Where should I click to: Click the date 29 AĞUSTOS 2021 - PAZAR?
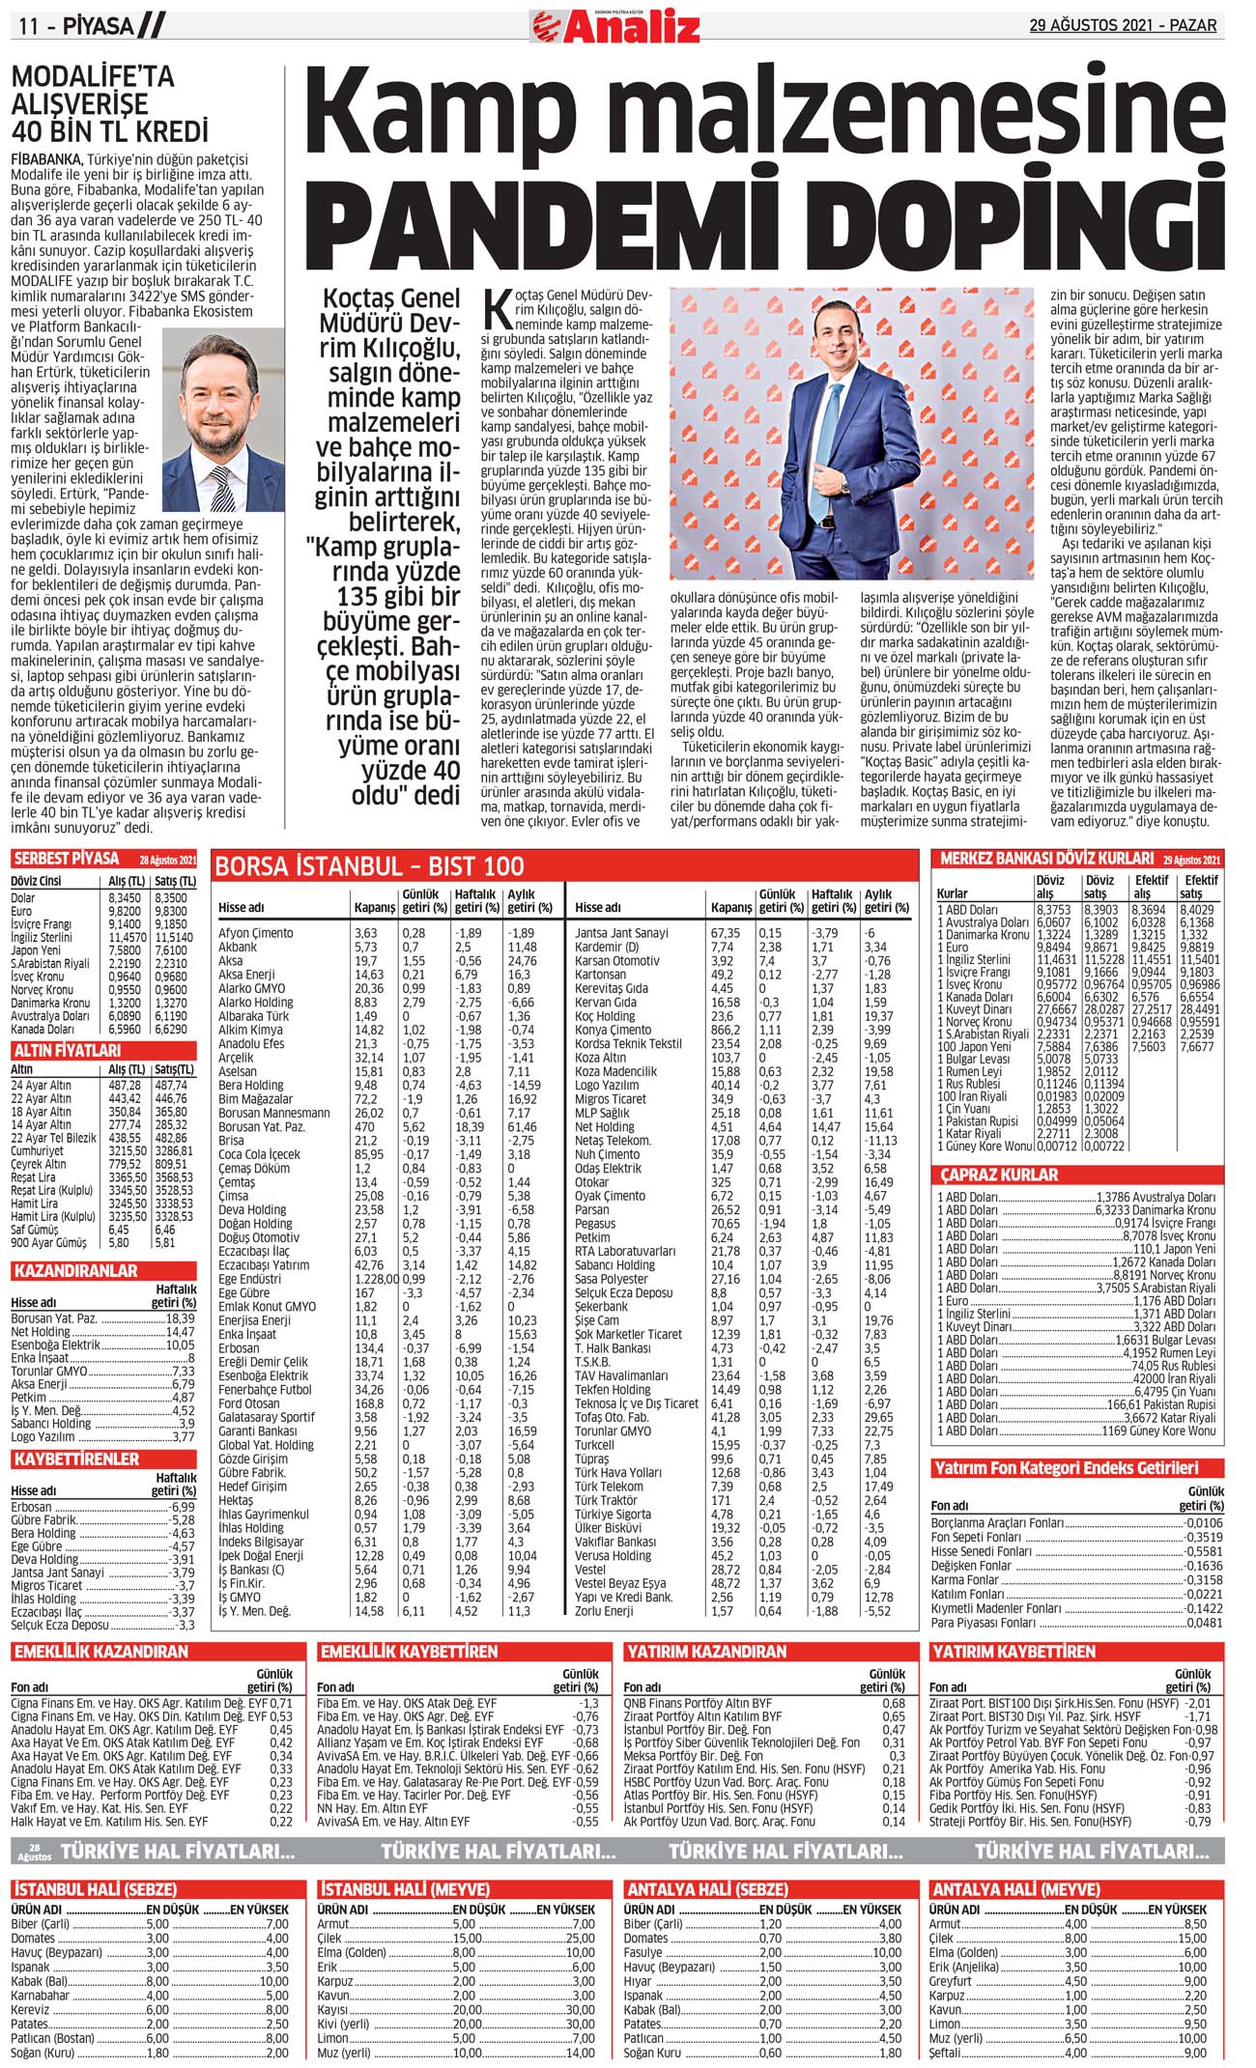pos(1123,25)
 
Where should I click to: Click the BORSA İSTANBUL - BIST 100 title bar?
pos(370,865)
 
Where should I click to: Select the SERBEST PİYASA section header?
pos(67,859)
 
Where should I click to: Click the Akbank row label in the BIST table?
pos(238,947)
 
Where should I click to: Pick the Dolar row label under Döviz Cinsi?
pos(23,897)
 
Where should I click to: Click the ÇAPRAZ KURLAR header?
pos(999,1175)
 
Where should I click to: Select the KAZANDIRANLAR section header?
pos(76,1271)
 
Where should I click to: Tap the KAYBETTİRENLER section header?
pos(76,1459)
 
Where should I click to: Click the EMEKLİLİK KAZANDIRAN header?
pos(100,1652)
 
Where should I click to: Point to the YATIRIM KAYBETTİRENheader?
pos(1013,1652)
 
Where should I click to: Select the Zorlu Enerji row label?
pos(604,1611)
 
